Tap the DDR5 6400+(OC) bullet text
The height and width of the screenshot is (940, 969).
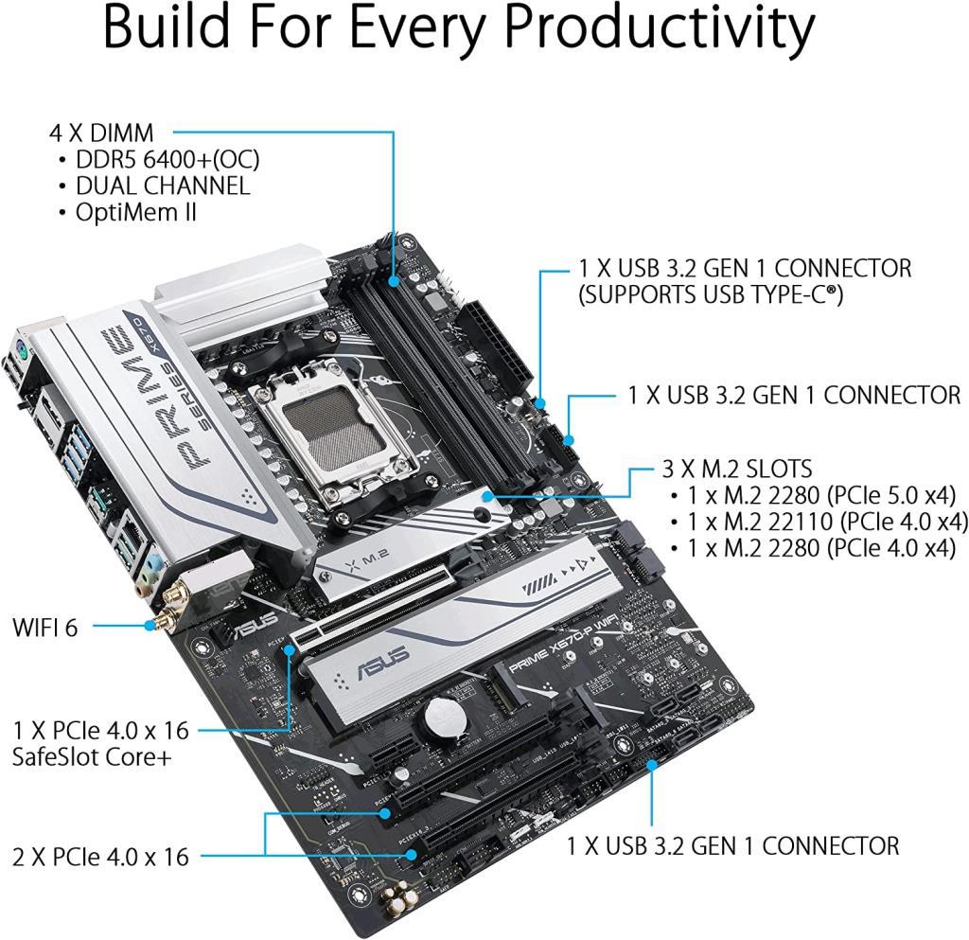coord(167,159)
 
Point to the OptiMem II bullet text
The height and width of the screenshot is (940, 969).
coord(135,211)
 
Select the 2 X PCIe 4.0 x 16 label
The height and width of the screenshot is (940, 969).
coord(100,858)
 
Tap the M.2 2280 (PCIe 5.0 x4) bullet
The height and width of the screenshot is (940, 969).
coord(819,495)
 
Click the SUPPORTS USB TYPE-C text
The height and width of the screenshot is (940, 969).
coord(710,295)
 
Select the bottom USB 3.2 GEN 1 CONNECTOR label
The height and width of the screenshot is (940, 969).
coord(732,844)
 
